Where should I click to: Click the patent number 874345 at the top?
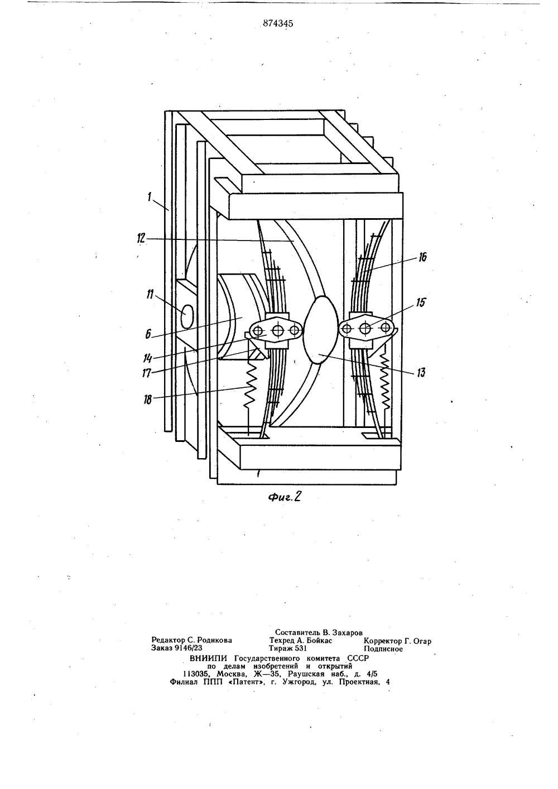coord(278,23)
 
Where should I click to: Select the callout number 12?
coord(141,238)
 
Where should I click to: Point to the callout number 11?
coord(151,294)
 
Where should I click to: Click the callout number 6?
coord(148,334)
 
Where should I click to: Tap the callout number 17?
coord(147,373)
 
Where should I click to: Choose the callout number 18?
coord(148,400)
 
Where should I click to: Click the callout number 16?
coord(422,257)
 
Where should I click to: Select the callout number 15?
coord(421,302)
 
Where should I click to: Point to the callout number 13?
coord(421,372)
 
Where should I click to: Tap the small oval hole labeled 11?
coord(187,316)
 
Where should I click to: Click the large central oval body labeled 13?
coord(320,330)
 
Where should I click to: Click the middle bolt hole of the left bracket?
coord(278,330)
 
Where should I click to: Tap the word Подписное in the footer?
coord(383,648)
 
